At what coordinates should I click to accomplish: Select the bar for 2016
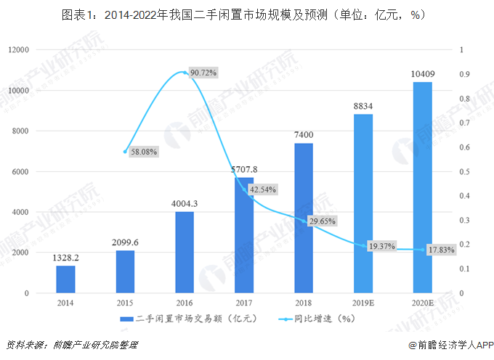pos(185,253)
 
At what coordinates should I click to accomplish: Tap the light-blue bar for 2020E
pos(422,187)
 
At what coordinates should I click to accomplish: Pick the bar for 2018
pos(304,218)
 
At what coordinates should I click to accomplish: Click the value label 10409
pos(422,73)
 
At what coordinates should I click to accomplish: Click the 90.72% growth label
pos(203,73)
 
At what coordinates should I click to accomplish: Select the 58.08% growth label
pos(144,152)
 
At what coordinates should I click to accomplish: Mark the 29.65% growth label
pos(322,221)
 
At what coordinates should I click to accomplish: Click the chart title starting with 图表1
pos(246,14)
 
